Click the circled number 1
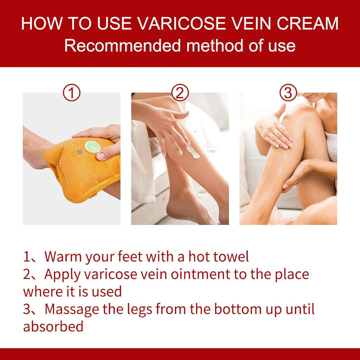point(72,92)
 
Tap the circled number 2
point(180,92)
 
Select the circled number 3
point(288,92)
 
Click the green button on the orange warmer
point(91,146)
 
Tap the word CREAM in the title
point(308,23)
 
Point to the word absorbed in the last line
point(53,326)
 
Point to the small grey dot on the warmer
point(79,151)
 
